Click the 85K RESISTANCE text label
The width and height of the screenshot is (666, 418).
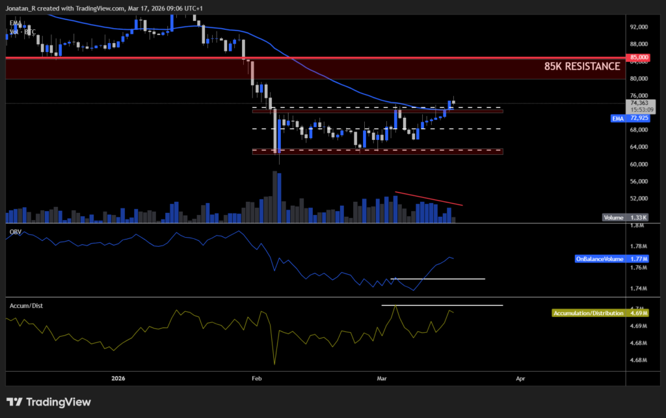pyautogui.click(x=582, y=66)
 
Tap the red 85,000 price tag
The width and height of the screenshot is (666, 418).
pyautogui.click(x=639, y=57)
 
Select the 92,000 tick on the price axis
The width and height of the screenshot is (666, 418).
pyautogui.click(x=639, y=27)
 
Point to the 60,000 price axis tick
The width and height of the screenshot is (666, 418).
pyautogui.click(x=639, y=164)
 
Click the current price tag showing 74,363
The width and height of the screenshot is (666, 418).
pyautogui.click(x=640, y=103)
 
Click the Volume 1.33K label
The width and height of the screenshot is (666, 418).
pyautogui.click(x=622, y=218)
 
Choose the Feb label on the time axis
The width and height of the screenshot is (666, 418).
pyautogui.click(x=256, y=378)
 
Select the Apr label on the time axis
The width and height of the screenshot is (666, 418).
pyautogui.click(x=520, y=378)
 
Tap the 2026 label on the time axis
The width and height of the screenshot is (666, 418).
pyautogui.click(x=118, y=378)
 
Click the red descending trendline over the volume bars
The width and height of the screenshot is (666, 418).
pyautogui.click(x=429, y=199)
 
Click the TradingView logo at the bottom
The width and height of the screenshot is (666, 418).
pyautogui.click(x=49, y=402)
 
